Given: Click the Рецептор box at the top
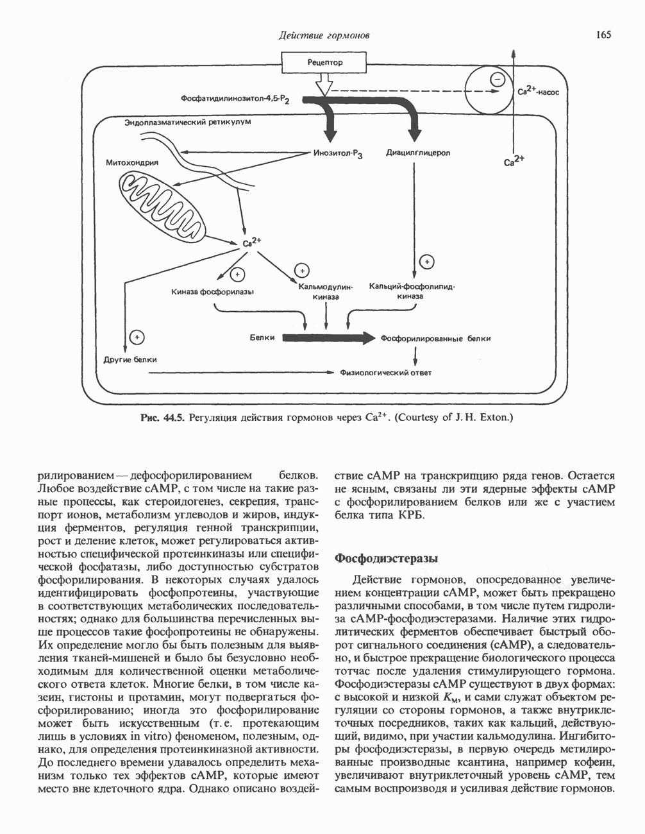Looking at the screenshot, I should (324, 63).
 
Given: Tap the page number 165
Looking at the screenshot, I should (603, 34).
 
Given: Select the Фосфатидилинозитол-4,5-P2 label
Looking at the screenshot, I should (235, 100).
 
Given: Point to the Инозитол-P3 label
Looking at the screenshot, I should (339, 155).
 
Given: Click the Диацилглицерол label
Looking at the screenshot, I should (418, 153).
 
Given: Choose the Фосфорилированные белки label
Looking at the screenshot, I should (435, 338).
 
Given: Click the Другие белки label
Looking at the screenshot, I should (130, 359).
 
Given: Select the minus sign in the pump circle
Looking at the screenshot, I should (496, 80).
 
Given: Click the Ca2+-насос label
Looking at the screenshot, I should (537, 91).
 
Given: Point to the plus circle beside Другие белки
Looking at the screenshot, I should (137, 337).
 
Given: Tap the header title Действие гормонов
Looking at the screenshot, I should (324, 35).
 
